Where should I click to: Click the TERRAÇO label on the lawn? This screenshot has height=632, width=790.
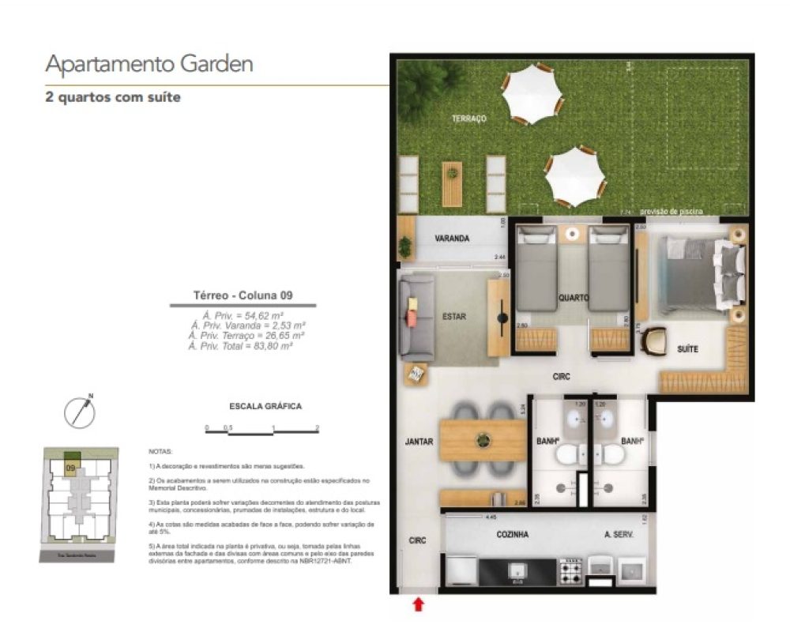tap(468, 118)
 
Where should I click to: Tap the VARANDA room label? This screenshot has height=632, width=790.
tap(452, 239)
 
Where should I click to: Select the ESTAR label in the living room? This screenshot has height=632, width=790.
tap(454, 317)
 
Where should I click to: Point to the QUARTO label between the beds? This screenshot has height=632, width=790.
tap(573, 299)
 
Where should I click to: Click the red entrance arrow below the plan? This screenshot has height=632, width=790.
tap(419, 604)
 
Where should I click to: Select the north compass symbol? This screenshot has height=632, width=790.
tap(79, 412)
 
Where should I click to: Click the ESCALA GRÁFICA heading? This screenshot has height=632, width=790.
tap(265, 408)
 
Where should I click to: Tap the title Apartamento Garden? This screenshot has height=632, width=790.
tap(149, 64)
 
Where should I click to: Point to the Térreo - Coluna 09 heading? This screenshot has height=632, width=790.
tap(243, 295)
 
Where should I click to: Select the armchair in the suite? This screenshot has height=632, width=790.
tap(654, 341)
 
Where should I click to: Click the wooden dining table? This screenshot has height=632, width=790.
tap(482, 440)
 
